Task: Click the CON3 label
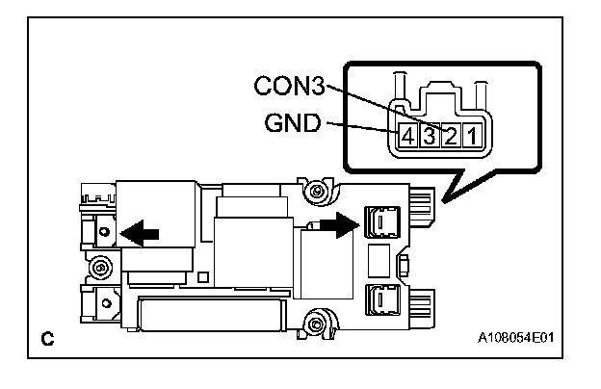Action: (289, 86)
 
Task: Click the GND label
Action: (293, 123)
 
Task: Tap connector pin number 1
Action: (472, 136)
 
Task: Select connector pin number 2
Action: (451, 136)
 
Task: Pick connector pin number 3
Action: (430, 136)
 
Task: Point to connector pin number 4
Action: (407, 136)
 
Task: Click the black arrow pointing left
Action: (140, 233)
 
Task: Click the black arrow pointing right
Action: (339, 225)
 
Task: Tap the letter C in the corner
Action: (47, 338)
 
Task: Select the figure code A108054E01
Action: (515, 338)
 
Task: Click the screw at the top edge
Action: (316, 191)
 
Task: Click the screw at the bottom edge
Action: (316, 325)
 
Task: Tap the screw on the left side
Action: (101, 267)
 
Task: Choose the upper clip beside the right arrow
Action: (382, 221)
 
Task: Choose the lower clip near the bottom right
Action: (382, 299)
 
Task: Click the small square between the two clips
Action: (379, 261)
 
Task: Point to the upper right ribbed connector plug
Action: (422, 206)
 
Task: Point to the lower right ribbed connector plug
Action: (422, 308)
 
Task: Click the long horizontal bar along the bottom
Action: (212, 315)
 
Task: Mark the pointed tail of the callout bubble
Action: (444, 201)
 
